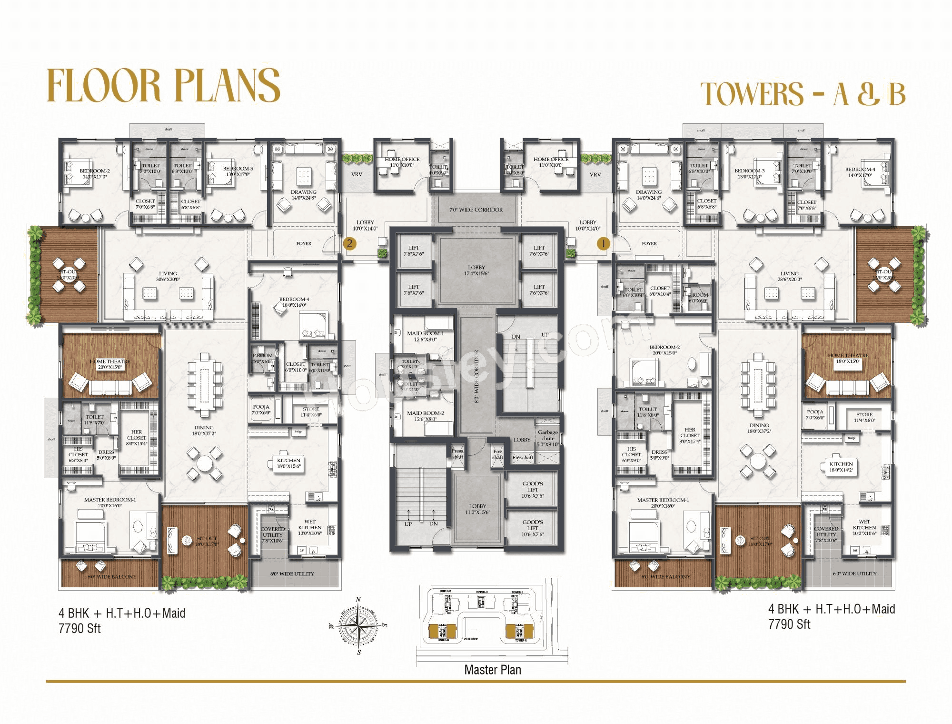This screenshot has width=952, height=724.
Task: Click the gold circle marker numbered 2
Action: (349, 243)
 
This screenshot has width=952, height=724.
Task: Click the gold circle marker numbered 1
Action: (603, 243)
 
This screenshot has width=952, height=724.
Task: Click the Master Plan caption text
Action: (492, 670)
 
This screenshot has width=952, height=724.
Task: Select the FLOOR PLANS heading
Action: (163, 86)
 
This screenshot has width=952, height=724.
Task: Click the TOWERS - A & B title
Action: (803, 94)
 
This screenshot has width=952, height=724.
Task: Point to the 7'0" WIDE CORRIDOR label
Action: (476, 210)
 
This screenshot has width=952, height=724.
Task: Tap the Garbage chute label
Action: (547, 435)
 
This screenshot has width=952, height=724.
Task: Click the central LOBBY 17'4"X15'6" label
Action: (476, 270)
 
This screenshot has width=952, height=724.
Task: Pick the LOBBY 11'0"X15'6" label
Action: (477, 509)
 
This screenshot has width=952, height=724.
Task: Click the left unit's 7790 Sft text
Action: (79, 629)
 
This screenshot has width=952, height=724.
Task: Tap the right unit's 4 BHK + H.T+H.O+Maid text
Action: (831, 609)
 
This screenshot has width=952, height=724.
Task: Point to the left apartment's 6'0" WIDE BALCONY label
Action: (112, 576)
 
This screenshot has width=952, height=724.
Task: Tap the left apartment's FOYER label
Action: (304, 243)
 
